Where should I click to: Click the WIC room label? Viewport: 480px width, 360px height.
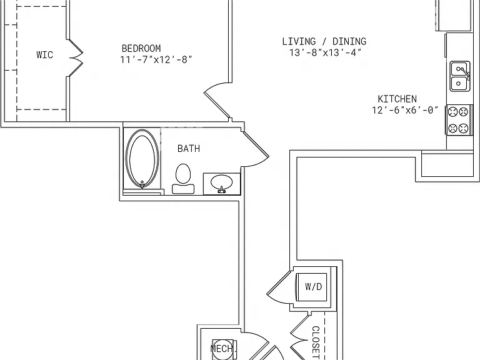(45, 55)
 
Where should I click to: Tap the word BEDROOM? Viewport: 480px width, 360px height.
(141, 48)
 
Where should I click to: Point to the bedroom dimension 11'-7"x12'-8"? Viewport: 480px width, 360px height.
(156, 59)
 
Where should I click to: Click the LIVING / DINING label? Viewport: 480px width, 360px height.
(324, 41)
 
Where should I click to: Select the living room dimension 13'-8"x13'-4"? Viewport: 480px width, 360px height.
(326, 52)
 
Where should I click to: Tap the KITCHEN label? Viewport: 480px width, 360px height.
(397, 99)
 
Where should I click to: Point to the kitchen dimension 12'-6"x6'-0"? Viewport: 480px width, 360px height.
(405, 110)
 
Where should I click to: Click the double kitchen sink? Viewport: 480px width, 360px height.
(460, 76)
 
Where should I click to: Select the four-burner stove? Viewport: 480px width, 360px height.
(459, 120)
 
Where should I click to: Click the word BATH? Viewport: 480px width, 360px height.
(189, 149)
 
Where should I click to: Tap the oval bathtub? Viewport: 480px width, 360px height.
(142, 159)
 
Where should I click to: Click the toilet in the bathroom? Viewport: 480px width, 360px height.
(183, 179)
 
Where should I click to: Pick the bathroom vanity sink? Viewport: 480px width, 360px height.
(222, 184)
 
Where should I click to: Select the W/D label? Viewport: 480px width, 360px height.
(314, 287)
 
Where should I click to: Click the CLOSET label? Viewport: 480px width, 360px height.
(316, 342)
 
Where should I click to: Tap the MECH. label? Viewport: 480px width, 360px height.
(224, 348)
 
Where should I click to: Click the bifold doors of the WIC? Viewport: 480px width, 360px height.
(75, 57)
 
